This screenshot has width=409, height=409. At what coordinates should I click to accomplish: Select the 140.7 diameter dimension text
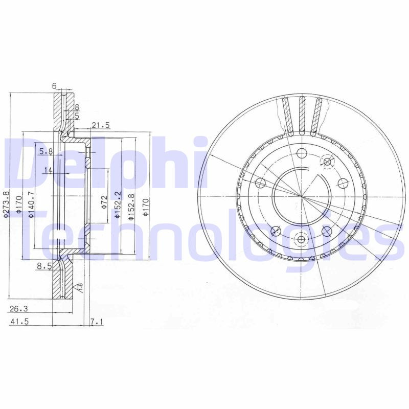click(x=31, y=204)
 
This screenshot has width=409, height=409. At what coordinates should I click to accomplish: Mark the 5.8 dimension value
click(x=46, y=151)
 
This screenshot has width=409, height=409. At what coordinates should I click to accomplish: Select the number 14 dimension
click(x=48, y=170)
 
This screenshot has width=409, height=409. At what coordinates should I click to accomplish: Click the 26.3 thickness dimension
click(x=19, y=308)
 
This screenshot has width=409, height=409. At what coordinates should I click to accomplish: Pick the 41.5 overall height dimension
click(x=19, y=322)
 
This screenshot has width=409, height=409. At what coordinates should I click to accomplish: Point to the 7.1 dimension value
click(x=96, y=322)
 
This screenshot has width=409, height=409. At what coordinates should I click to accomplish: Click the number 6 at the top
click(x=54, y=86)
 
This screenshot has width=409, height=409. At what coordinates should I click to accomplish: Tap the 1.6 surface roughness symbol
click(x=79, y=288)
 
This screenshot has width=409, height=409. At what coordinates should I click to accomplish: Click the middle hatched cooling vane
click(x=302, y=115)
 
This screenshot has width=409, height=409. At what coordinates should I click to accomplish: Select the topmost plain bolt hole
click(x=301, y=152)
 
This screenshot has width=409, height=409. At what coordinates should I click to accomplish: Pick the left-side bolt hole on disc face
click(x=260, y=183)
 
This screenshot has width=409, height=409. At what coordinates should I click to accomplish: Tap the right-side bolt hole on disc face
click(x=343, y=183)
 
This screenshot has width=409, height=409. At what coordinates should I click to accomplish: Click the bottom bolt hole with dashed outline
click(x=301, y=239)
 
